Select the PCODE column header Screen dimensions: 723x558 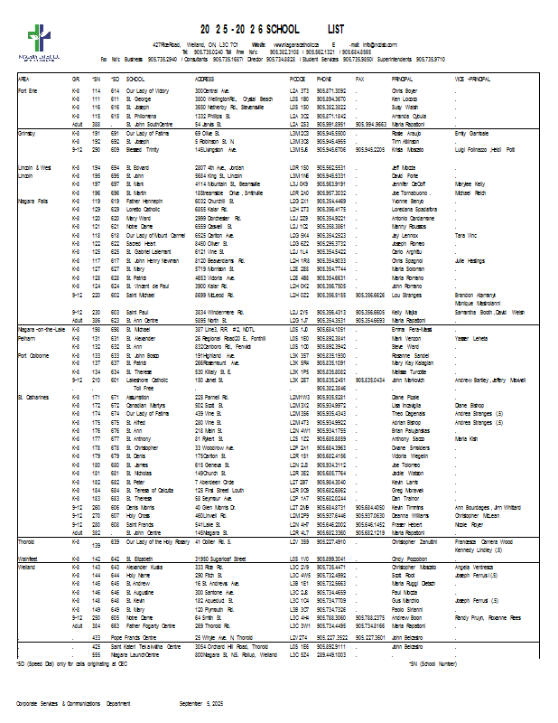pyautogui.click(x=299, y=80)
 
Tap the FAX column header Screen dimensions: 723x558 pyautogui.click(x=360, y=80)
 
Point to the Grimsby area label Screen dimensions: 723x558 pyautogui.click(x=27, y=133)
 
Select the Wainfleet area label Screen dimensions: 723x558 pyautogui.click(x=29, y=559)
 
